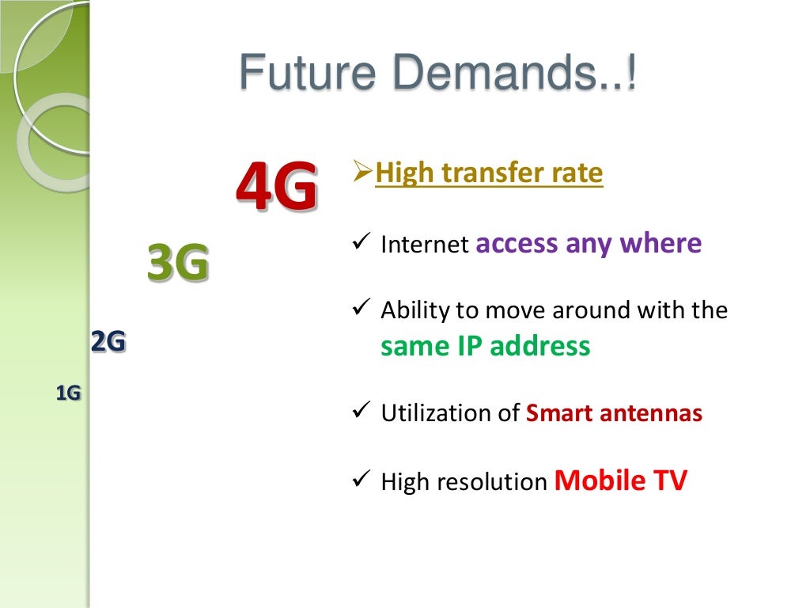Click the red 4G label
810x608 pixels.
pyautogui.click(x=276, y=186)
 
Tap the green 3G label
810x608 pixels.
pyautogui.click(x=178, y=263)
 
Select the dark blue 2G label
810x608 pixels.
pyautogui.click(x=108, y=342)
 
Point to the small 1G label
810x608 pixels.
pyautogui.click(x=69, y=393)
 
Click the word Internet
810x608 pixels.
pyautogui.click(x=425, y=245)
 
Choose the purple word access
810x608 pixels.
pyautogui.click(x=517, y=243)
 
